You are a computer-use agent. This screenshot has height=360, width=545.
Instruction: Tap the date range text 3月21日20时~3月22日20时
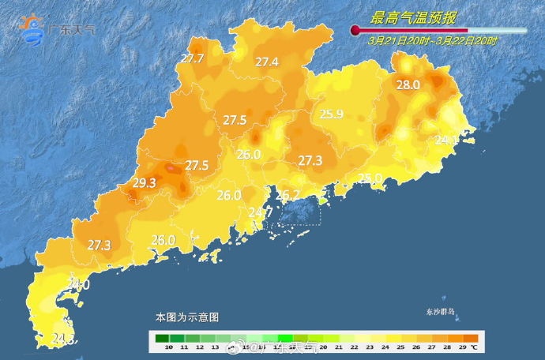pos(433,40)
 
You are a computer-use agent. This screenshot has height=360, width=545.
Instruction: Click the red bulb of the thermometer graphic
pos(355,31)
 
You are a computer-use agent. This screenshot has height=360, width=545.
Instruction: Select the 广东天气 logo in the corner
pos(59,29)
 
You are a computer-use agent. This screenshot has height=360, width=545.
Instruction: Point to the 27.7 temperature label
pos(192,59)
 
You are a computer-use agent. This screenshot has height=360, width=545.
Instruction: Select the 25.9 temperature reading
pos(332,114)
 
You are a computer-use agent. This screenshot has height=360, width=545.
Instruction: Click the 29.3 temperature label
pos(144,183)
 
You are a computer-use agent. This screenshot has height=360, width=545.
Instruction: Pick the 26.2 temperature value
pos(288,195)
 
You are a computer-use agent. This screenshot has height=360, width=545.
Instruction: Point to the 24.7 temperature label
pos(261,212)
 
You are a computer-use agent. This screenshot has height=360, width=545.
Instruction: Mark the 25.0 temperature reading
pos(370,178)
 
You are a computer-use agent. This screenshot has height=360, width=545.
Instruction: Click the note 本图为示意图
pos(186,317)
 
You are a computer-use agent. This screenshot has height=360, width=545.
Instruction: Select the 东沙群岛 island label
pos(441,312)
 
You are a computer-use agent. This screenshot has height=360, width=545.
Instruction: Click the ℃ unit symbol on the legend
pos(473,347)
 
